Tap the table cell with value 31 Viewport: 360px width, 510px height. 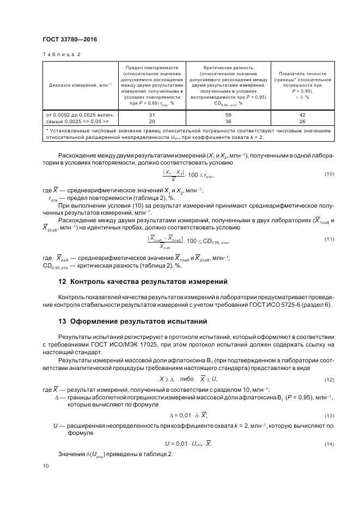(x=152, y=115)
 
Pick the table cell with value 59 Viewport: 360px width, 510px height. (x=228, y=115)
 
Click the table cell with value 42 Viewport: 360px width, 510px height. (x=302, y=115)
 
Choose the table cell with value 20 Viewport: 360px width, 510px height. (x=152, y=121)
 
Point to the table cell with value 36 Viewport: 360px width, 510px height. (x=228, y=121)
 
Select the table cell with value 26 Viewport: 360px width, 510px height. (x=302, y=121)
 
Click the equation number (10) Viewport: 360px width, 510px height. (x=328, y=174)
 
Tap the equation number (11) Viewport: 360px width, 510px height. (x=328, y=239)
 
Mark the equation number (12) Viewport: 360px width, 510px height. (x=328, y=379)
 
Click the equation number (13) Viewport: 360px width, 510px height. (x=328, y=416)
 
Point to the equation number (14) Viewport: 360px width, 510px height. (x=328, y=444)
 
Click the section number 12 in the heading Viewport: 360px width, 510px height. (x=62, y=282)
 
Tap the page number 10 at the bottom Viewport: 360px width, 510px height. (x=45, y=466)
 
